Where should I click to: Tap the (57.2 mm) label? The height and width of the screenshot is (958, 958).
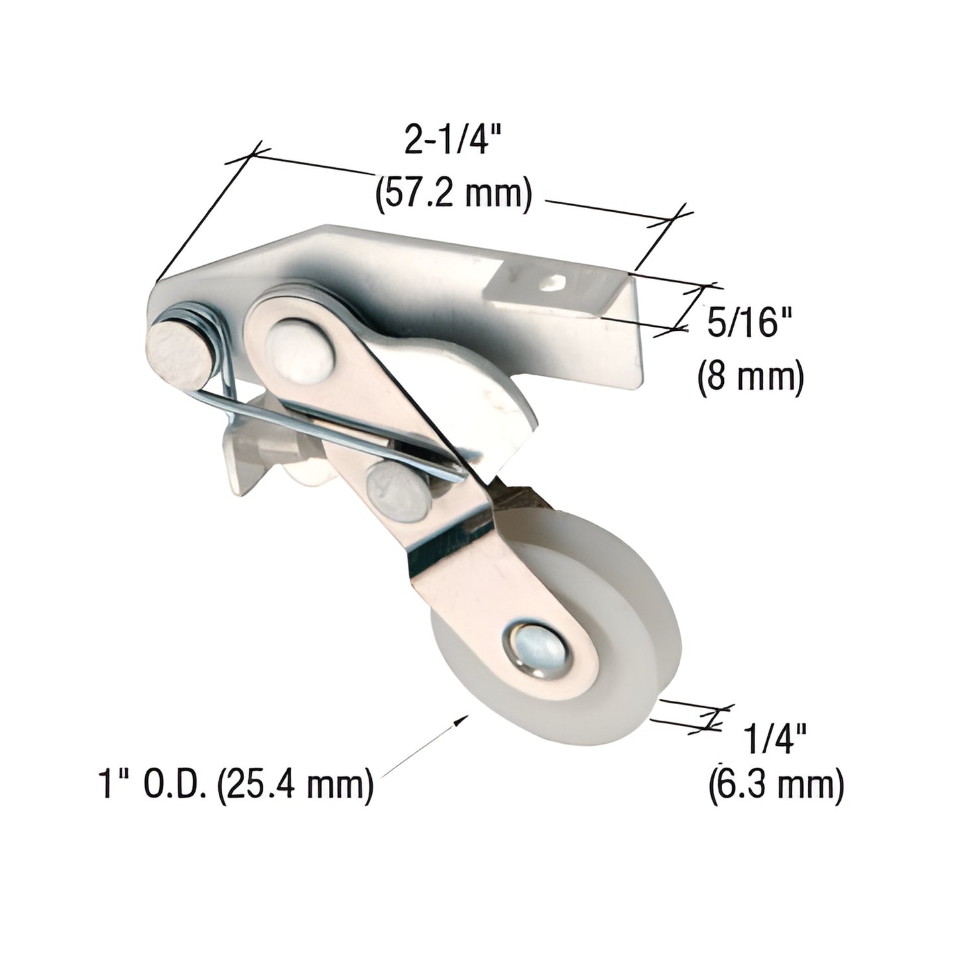[x=453, y=196]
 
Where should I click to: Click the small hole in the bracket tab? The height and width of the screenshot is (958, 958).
[x=550, y=284]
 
